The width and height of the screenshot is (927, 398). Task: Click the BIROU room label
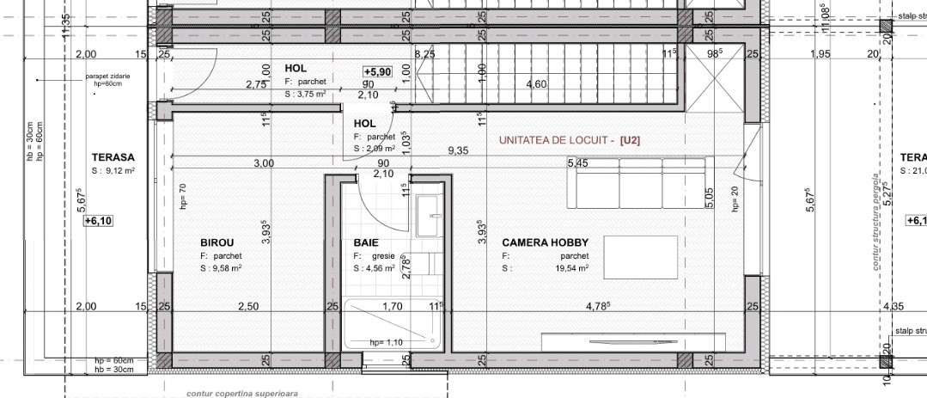coord(217,243)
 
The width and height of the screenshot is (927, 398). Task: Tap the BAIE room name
coord(366,243)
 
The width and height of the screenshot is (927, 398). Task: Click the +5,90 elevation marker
coord(378,72)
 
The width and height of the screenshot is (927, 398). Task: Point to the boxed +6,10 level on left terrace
coord(99,221)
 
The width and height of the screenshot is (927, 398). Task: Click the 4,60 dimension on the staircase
coord(536,84)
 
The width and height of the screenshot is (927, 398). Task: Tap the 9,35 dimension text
coord(458,150)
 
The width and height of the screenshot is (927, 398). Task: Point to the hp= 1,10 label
coord(386,341)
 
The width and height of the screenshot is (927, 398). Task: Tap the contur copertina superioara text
coord(242,393)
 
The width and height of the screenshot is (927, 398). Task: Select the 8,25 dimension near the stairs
coord(424,54)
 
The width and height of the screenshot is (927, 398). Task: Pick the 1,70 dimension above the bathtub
coord(392,307)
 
